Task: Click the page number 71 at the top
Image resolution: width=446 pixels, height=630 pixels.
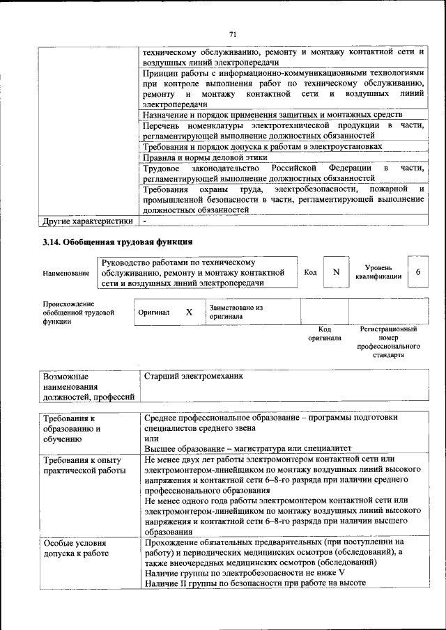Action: pos(233,32)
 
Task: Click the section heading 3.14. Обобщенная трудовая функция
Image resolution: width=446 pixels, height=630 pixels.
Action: pos(117,242)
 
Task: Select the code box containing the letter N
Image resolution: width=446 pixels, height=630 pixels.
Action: pos(336,272)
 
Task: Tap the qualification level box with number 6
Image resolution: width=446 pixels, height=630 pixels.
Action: pos(417,272)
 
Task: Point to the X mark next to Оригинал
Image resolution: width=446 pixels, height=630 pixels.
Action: pos(189,313)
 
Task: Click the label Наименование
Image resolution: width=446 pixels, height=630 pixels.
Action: pos(66,273)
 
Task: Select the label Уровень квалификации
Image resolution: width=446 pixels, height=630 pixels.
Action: pos(378,272)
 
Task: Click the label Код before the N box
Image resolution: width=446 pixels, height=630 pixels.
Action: pos(310,272)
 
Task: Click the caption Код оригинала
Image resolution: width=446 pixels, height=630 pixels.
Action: pos(324,333)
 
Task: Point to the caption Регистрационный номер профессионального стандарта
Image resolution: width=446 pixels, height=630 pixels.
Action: pos(388,341)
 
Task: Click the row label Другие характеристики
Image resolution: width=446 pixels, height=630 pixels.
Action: pos(87,221)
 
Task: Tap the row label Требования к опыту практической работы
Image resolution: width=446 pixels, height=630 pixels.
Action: pos(82,465)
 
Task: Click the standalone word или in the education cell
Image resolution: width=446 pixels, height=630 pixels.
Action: pos(151,438)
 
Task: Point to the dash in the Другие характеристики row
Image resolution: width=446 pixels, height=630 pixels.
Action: pos(144,221)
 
